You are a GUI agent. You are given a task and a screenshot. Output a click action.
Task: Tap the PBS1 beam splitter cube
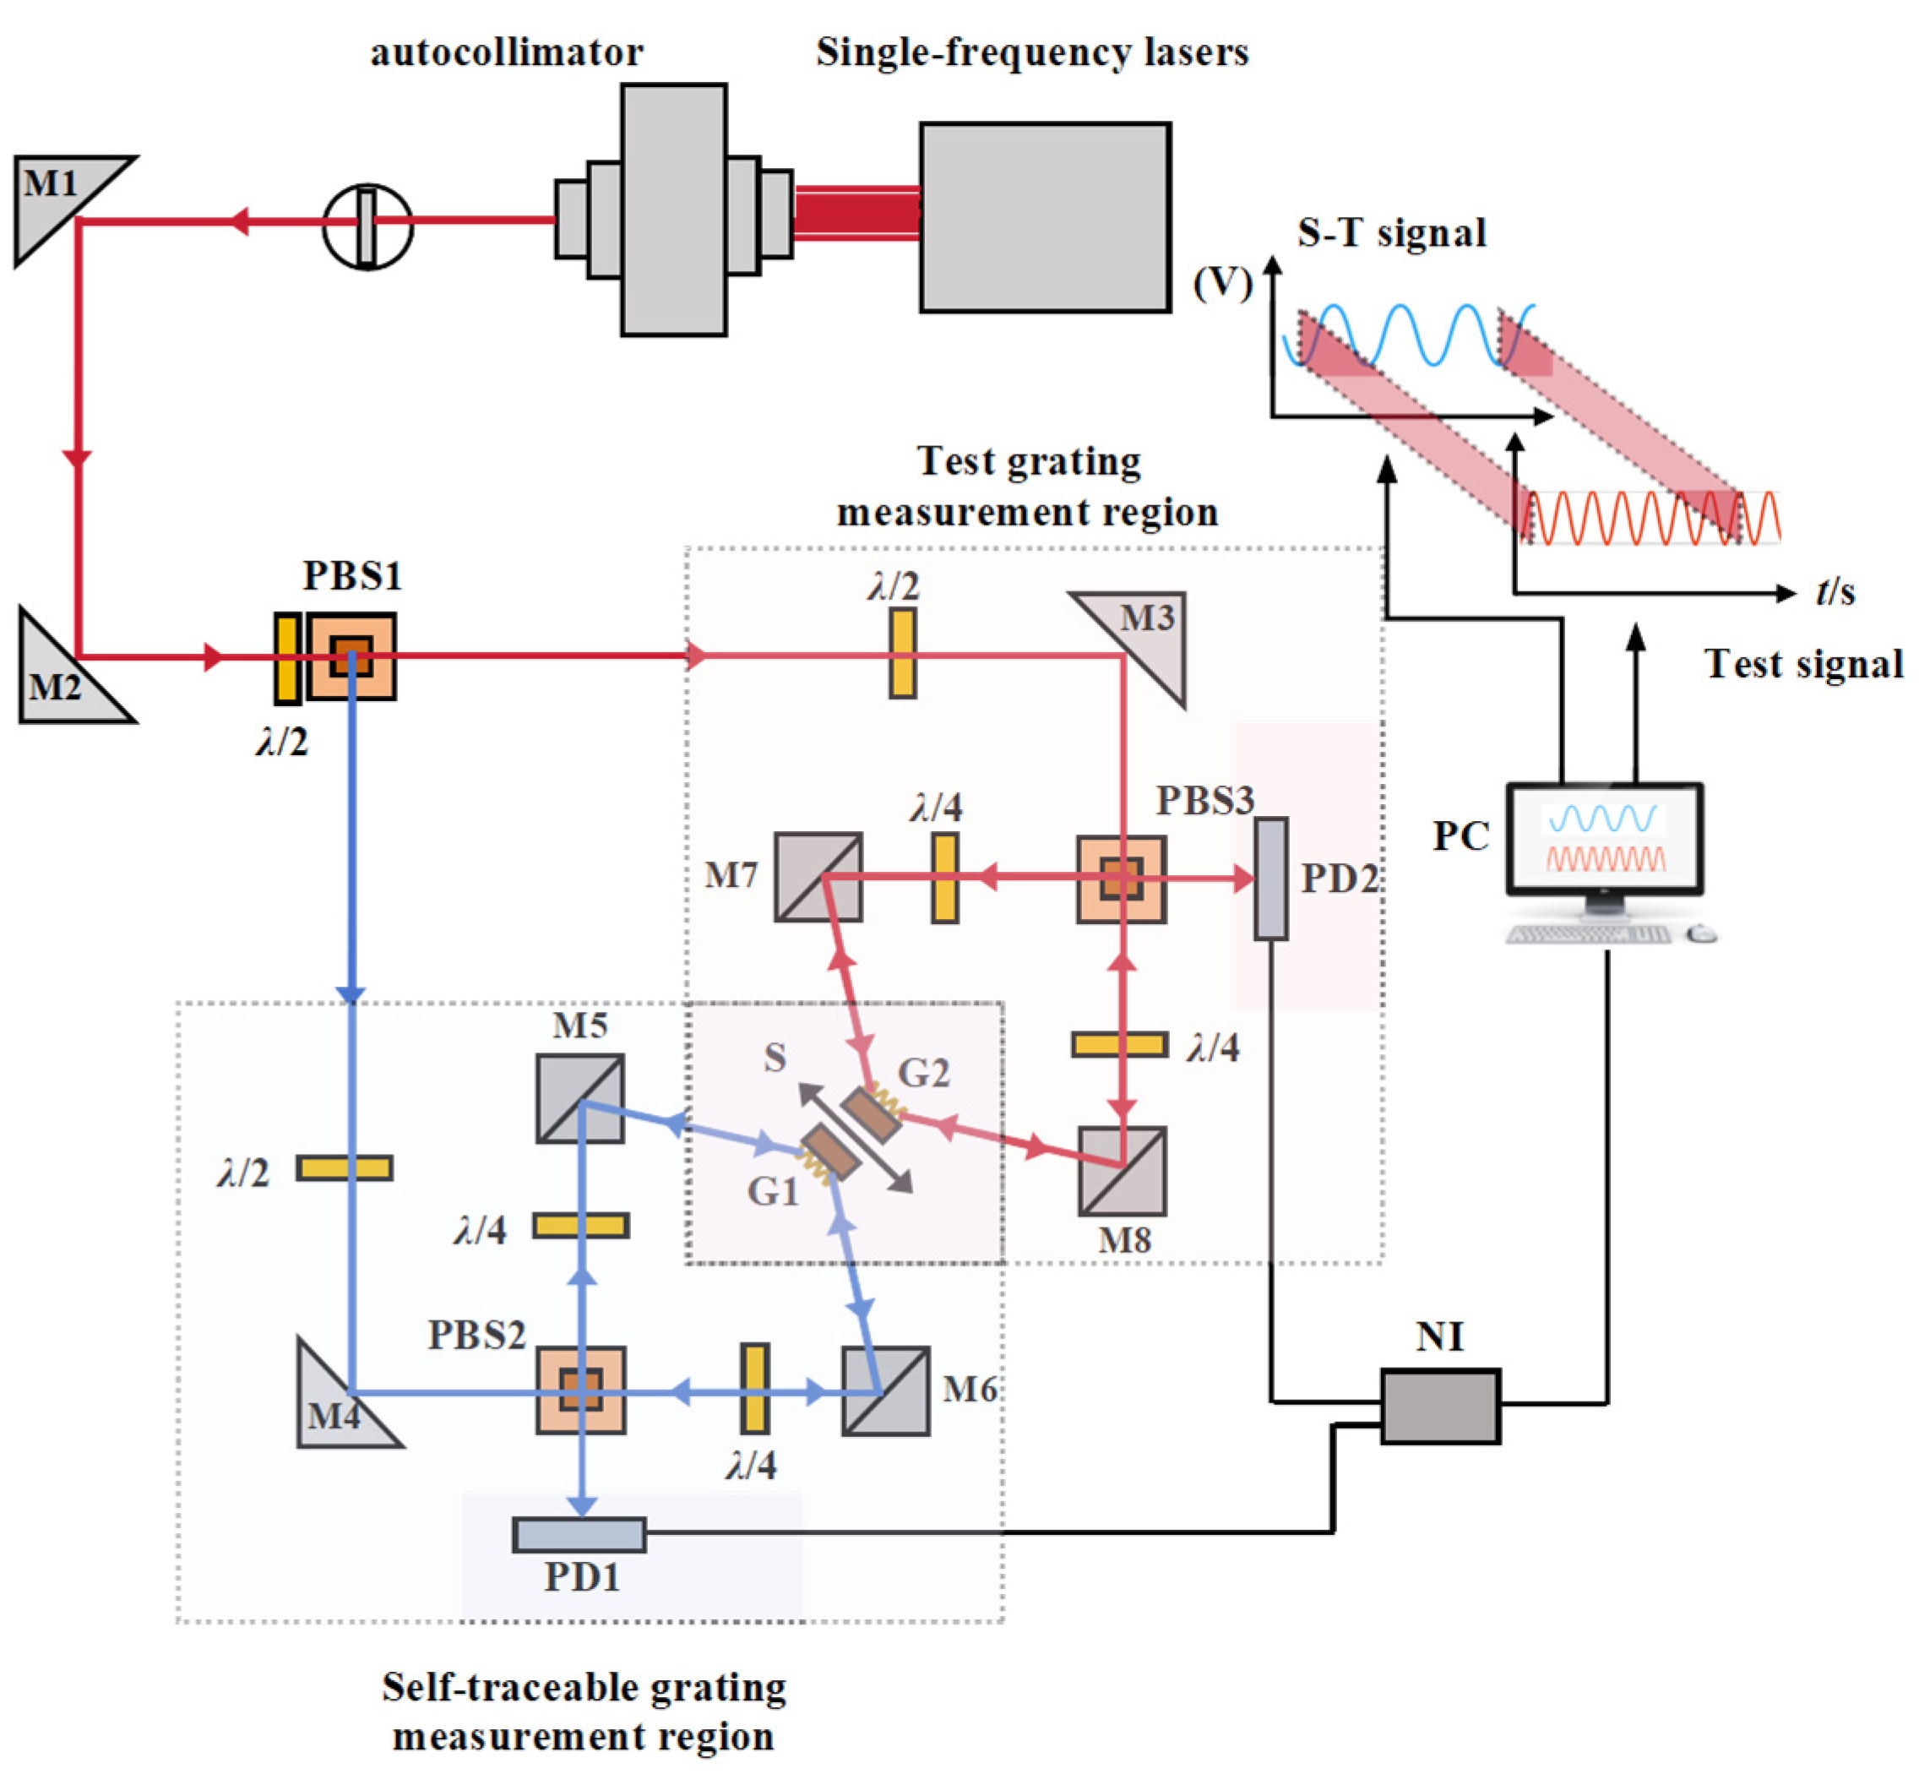point(351,656)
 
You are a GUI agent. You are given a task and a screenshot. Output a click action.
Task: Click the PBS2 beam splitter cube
point(581,1390)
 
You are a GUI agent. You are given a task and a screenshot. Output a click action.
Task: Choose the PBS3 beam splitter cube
point(1122,879)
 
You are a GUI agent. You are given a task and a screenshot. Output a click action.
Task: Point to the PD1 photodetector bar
point(579,1535)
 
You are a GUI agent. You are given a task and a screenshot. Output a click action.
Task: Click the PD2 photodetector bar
point(1271,879)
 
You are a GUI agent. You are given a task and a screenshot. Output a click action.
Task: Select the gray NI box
point(1440,1406)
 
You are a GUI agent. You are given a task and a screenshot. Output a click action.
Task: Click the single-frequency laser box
point(1046,217)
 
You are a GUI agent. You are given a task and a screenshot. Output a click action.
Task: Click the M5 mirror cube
point(580,1098)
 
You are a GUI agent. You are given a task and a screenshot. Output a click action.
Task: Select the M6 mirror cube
point(886,1391)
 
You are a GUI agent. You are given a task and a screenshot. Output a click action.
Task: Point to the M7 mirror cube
point(818,877)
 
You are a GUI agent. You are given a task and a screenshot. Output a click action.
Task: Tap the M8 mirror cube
point(1123,1171)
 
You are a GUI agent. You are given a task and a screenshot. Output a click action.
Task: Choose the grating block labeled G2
point(871,1115)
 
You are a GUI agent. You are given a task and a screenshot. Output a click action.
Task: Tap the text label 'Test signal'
point(1804,664)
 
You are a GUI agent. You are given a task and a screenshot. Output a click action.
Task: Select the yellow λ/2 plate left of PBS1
point(286,658)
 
